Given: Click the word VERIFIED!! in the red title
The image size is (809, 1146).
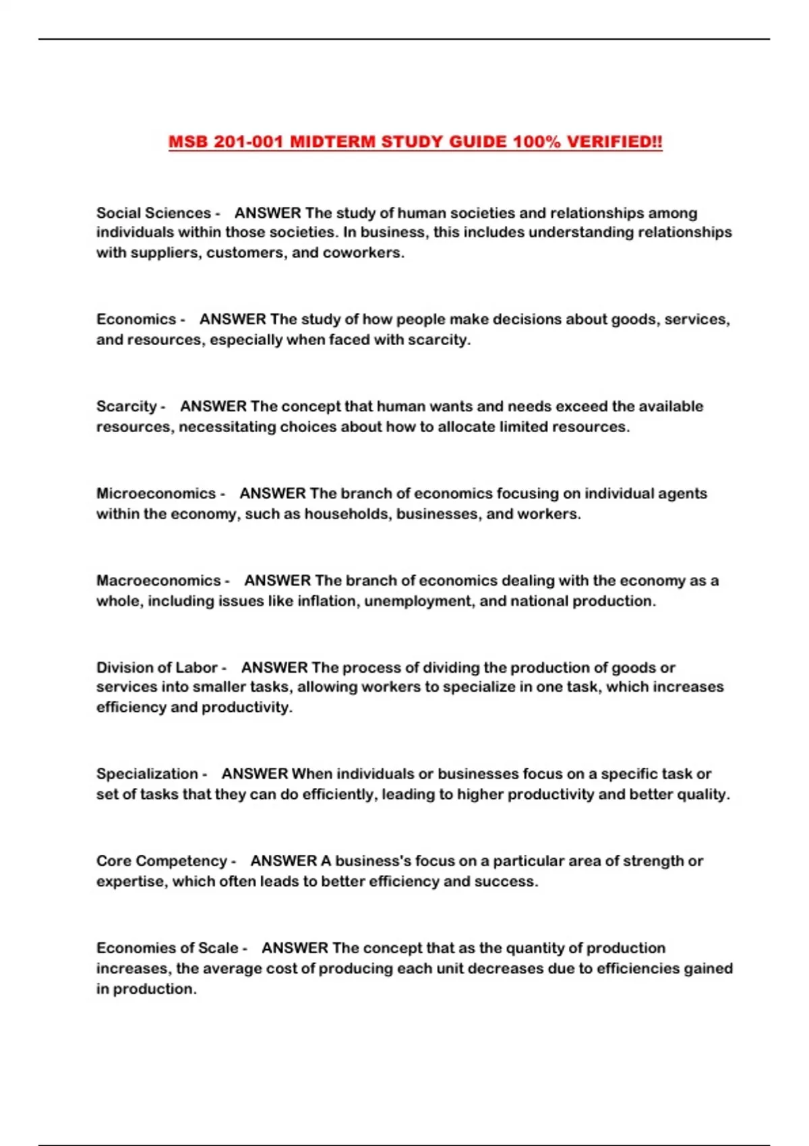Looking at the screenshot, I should tap(614, 142).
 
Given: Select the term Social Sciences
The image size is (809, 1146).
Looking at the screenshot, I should tap(154, 213).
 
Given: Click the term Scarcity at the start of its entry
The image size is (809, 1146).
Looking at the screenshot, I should tap(127, 406).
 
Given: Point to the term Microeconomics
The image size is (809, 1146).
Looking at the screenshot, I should tap(156, 493).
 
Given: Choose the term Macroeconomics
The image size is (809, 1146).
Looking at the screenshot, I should tap(158, 580).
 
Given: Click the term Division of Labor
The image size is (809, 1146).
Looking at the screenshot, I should tap(157, 667).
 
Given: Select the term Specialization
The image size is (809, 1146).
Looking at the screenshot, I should tap(147, 774).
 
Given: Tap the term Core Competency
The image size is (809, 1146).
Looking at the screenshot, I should tap(162, 861).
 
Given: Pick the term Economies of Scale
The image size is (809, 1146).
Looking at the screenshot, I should tap(167, 948).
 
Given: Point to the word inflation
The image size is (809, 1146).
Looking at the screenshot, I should tap(329, 601).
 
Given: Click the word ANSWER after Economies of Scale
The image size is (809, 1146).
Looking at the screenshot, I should tap(295, 948).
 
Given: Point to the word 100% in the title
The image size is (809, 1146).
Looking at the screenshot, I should tap(536, 142).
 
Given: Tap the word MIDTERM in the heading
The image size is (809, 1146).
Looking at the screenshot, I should tap(332, 142).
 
